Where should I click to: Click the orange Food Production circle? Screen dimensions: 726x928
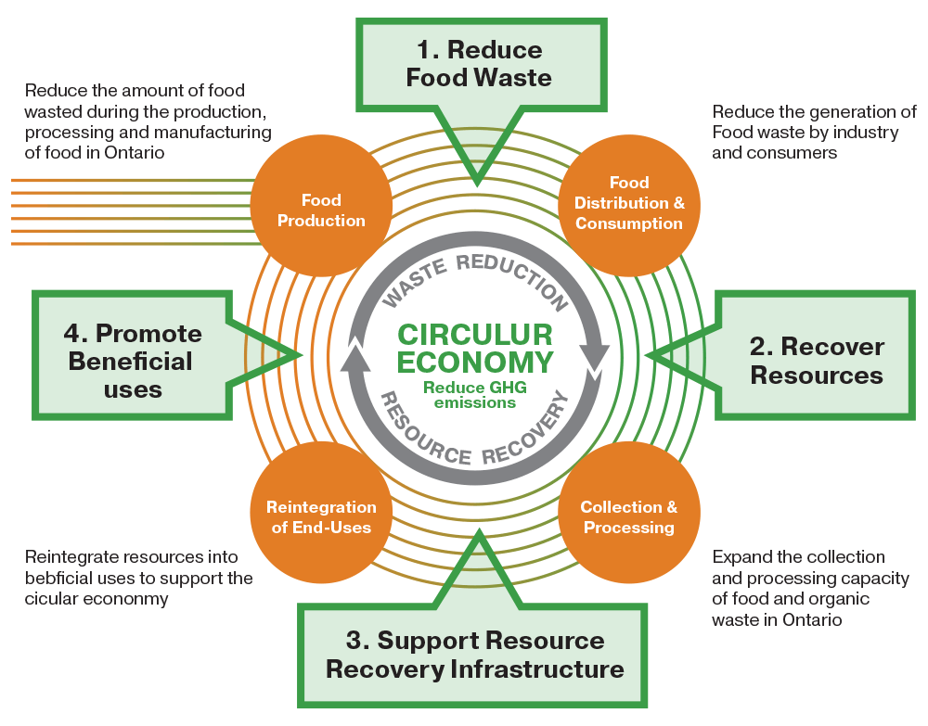tap(321, 210)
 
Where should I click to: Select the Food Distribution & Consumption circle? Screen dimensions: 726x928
tap(629, 203)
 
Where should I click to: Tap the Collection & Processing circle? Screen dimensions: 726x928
tap(629, 517)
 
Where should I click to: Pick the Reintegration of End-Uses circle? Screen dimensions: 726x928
tap(321, 517)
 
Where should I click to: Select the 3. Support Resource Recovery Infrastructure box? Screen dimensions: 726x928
tap(473, 655)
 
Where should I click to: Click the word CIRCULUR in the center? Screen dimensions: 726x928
tap(475, 335)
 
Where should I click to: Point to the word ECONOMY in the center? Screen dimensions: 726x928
tap(475, 363)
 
